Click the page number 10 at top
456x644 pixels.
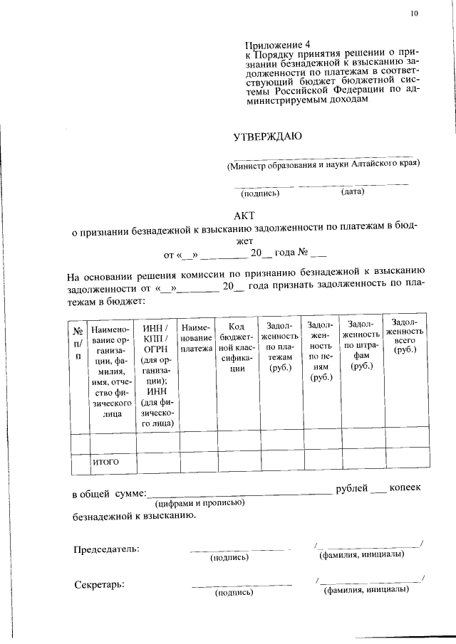pos(415,14)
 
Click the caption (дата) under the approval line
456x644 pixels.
pos(353,191)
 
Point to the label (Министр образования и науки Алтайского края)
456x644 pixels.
pos(323,164)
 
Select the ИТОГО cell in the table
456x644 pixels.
pos(105,463)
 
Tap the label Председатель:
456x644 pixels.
pos(107,549)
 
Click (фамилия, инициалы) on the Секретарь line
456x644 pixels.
pos(366,590)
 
